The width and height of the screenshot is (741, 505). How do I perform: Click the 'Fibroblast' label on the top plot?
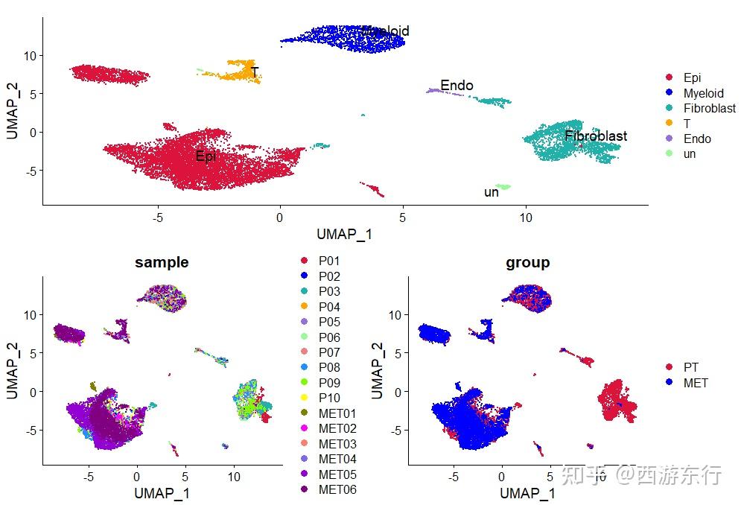point(595,136)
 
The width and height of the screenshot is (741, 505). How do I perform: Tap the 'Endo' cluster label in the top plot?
point(457,86)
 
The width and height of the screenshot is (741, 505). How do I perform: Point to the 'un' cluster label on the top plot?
point(492,192)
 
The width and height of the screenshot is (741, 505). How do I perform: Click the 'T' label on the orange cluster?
point(255,72)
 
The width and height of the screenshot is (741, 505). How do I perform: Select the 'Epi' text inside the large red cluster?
point(206,156)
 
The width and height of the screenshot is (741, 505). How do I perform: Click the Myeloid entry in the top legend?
point(703,93)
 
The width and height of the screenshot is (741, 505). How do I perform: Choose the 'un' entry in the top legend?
point(690,154)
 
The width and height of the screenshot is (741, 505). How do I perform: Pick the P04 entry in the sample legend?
point(329,307)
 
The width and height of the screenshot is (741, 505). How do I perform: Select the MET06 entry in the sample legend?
point(337,489)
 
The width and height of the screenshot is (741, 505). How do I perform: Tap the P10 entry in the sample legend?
point(329,398)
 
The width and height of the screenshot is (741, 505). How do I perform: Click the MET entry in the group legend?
point(696,383)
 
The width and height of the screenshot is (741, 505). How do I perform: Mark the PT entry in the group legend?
point(690,367)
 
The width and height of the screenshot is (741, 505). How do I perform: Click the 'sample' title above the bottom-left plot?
point(162,262)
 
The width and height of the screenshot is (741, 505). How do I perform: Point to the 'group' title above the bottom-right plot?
point(527,262)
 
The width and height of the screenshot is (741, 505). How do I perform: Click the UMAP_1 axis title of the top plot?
point(344,234)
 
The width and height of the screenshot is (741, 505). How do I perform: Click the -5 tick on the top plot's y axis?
point(29,171)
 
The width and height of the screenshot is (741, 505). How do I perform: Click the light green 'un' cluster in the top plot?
point(504,186)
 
